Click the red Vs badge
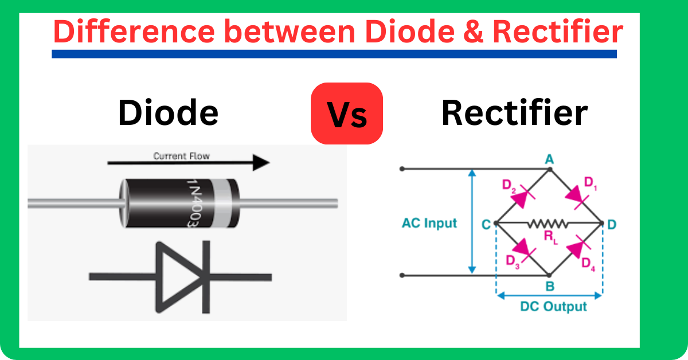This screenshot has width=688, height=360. tap(347, 114)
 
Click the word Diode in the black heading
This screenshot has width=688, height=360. tap(168, 113)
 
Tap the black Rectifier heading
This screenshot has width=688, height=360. tap(514, 113)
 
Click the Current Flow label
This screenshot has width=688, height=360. tap(181, 155)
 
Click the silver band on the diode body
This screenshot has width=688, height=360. tap(222, 204)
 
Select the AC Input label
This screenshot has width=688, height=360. tap(429, 223)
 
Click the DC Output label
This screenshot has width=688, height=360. tap(553, 307)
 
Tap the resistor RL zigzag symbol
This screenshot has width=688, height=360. tap(548, 223)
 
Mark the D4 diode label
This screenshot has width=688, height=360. tap(589, 264)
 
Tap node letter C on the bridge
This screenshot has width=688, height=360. tap(486, 224)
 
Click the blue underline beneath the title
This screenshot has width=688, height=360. tap(334, 54)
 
